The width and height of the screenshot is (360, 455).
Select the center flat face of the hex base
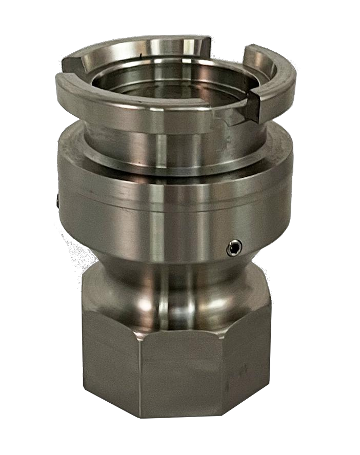(x=179, y=379)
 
